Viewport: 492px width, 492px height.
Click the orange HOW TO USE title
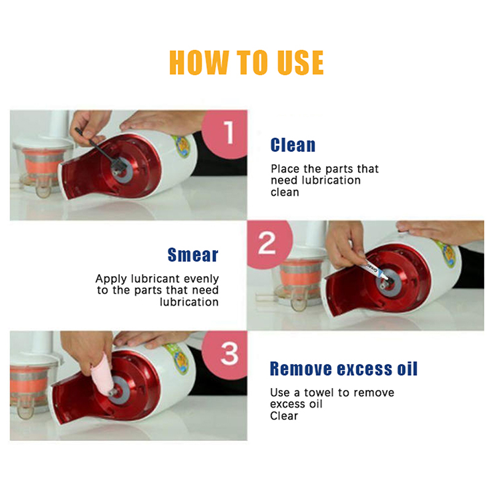(247, 63)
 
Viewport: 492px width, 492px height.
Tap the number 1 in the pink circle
(229, 132)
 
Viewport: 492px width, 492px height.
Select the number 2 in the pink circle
(267, 243)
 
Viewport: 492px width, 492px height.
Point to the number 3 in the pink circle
(229, 354)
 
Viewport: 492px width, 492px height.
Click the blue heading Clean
(293, 145)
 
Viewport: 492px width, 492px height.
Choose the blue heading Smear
(192, 255)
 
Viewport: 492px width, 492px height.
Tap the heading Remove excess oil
(344, 368)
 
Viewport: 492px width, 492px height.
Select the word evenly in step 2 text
(201, 279)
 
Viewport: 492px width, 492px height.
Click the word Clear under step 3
(284, 416)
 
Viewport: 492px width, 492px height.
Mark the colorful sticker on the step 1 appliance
(182, 146)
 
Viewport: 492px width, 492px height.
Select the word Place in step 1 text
(285, 169)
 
